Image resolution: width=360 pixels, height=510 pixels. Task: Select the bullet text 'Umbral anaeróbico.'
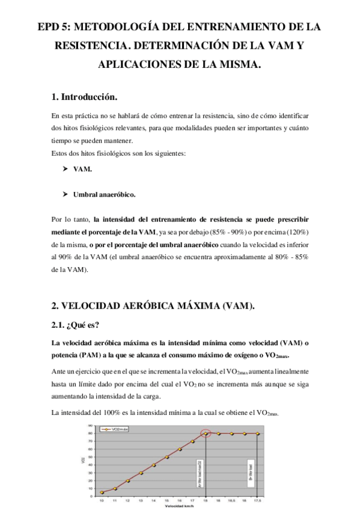105,195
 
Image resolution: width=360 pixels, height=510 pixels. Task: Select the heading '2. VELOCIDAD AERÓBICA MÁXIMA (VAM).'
153,306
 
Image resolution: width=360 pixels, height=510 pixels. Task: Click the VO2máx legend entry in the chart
117,429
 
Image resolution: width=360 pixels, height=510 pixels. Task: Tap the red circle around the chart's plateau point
206,433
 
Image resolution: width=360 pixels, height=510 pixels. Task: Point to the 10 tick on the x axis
102,500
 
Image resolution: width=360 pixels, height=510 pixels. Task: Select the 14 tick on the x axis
154,500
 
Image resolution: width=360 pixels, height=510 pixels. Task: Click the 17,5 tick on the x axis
257,500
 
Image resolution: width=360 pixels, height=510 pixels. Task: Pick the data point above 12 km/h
127,481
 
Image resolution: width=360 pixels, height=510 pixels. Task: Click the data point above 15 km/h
166,457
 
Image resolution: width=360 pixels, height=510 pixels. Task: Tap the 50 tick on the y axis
90,456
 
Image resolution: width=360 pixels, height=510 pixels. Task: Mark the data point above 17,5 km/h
257,434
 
